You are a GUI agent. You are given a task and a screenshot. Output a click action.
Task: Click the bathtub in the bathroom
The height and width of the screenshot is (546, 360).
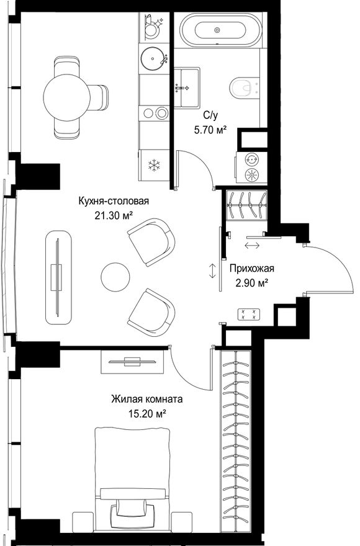pyautogui.click(x=218, y=30)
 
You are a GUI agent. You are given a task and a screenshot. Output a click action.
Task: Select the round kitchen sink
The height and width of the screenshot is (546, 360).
pyautogui.click(x=154, y=58)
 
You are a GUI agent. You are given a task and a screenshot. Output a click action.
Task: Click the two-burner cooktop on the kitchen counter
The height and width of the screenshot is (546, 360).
pyautogui.click(x=154, y=113)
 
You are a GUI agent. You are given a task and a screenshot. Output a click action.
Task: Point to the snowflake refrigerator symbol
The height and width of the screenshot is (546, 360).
pyautogui.click(x=153, y=164)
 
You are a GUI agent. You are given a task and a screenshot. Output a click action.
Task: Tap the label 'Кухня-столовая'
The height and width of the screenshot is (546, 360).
pyautogui.click(x=114, y=201)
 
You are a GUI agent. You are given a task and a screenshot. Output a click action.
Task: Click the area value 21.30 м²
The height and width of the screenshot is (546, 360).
pyautogui.click(x=114, y=216)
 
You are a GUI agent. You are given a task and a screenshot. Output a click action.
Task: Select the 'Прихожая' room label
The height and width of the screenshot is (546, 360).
pyautogui.click(x=251, y=269)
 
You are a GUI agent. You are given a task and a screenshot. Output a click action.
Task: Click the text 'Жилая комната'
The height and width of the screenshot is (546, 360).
pyautogui.click(x=146, y=399)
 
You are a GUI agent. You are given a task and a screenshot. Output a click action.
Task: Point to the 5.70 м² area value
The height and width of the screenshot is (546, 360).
pyautogui.click(x=210, y=130)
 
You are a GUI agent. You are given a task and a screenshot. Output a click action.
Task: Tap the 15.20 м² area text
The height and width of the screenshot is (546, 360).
pyautogui.click(x=146, y=414)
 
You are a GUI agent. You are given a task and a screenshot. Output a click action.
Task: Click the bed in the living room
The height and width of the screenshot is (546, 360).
pyautogui.click(x=132, y=483)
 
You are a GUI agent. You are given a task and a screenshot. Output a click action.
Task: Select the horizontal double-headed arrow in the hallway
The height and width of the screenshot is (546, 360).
pyautogui.click(x=252, y=246)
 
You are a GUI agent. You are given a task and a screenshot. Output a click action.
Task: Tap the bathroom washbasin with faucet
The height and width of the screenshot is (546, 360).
pyautogui.click(x=187, y=87)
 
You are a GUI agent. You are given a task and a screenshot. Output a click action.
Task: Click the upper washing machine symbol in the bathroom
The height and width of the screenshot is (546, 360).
pyautogui.click(x=251, y=160)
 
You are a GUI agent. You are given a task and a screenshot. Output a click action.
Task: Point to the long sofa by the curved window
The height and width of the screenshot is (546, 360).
pyautogui.click(x=58, y=277)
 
